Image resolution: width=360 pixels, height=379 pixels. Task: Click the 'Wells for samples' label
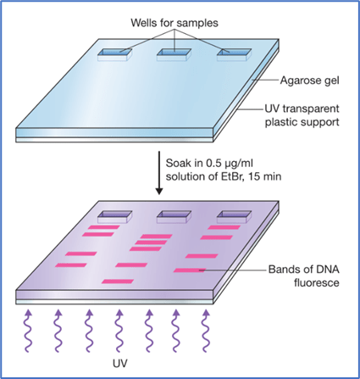174,23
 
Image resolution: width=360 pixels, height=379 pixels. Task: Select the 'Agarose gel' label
309,81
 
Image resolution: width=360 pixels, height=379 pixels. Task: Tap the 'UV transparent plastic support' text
302,115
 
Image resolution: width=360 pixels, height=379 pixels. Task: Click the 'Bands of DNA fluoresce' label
304,276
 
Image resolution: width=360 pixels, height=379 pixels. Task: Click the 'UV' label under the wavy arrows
120,364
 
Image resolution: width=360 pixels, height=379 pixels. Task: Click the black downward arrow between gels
159,173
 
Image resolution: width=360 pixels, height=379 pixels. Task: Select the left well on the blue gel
115,54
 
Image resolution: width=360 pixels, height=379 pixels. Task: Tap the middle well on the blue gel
174,54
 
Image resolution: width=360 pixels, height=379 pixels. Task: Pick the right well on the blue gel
234,54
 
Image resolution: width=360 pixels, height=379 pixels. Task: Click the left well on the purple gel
115,217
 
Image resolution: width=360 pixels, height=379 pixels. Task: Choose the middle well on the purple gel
174,217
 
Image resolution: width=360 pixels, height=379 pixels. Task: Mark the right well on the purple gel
234,217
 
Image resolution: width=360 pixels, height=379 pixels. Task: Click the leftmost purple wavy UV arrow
28,331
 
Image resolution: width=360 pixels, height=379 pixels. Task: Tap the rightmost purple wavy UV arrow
207,331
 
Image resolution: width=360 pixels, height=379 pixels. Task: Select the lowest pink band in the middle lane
118,281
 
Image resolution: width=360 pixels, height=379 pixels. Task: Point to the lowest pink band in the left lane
71,265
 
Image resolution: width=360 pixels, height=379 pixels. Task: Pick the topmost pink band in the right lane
224,227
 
